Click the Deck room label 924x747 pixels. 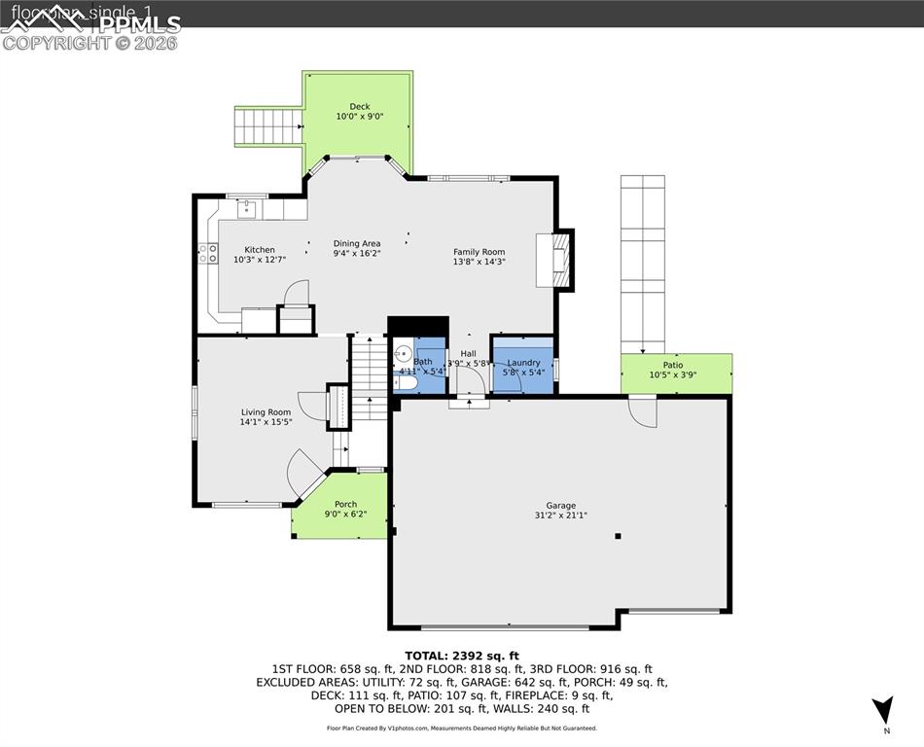(359, 107)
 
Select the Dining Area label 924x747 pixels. (357, 244)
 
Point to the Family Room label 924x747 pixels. (479, 252)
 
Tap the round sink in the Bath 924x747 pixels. (403, 353)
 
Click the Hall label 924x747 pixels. (468, 354)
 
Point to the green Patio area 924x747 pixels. (676, 373)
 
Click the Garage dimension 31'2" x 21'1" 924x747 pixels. (560, 516)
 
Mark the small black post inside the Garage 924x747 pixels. (617, 535)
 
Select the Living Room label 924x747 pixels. (266, 412)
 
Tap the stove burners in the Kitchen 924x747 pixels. (207, 254)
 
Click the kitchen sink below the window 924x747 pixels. (246, 207)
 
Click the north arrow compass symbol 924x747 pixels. (882, 710)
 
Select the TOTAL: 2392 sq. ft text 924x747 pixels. (462, 656)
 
